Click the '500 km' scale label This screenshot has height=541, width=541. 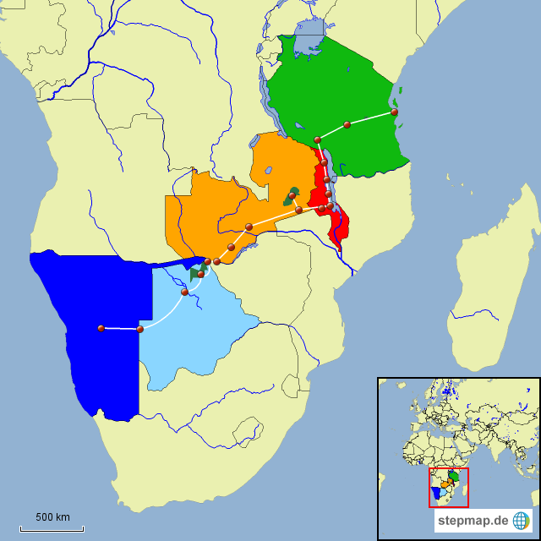[x=52, y=516]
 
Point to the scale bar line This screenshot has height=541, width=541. [x=52, y=529]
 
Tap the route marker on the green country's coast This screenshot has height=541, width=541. [x=395, y=112]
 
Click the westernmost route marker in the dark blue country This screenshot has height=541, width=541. [x=101, y=328]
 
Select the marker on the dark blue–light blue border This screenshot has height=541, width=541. [x=140, y=329]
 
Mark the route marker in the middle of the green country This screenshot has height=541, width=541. [x=347, y=124]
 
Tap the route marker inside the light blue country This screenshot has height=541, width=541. [x=184, y=292]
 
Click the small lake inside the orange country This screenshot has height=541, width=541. [x=267, y=170]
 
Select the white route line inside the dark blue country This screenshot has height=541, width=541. [x=120, y=328]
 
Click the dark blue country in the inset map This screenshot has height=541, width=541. [x=434, y=492]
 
